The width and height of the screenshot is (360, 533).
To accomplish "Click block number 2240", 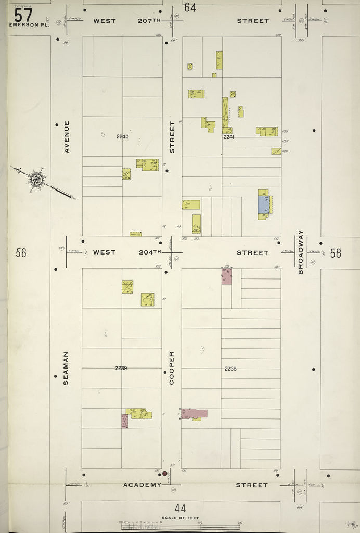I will [x=122, y=136].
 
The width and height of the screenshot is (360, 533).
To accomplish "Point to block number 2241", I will [x=229, y=137].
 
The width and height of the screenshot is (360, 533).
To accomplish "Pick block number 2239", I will [x=121, y=368].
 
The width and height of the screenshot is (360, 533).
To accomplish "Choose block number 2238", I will [x=230, y=369].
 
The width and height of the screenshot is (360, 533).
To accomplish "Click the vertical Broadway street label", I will [x=300, y=252].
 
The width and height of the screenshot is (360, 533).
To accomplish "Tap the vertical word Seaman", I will [x=66, y=369].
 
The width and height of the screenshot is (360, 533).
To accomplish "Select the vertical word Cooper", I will [x=172, y=368].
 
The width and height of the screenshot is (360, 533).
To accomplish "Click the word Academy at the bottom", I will [x=142, y=485].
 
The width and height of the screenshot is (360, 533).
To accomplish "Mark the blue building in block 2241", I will [x=263, y=204].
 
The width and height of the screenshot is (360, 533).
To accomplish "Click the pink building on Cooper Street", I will [x=194, y=413].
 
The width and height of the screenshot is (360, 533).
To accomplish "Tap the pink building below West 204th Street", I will [x=226, y=276].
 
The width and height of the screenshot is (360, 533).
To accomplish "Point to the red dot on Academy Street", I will [x=165, y=474].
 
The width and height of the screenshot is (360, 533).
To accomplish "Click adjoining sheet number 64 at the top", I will [x=190, y=8].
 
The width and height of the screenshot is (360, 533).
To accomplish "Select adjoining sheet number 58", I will [x=336, y=253].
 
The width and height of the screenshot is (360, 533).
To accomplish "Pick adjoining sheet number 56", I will [x=21, y=253].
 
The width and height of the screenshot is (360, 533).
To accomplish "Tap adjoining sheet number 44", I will [x=181, y=508].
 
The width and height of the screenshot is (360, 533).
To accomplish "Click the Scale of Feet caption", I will [x=180, y=517].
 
